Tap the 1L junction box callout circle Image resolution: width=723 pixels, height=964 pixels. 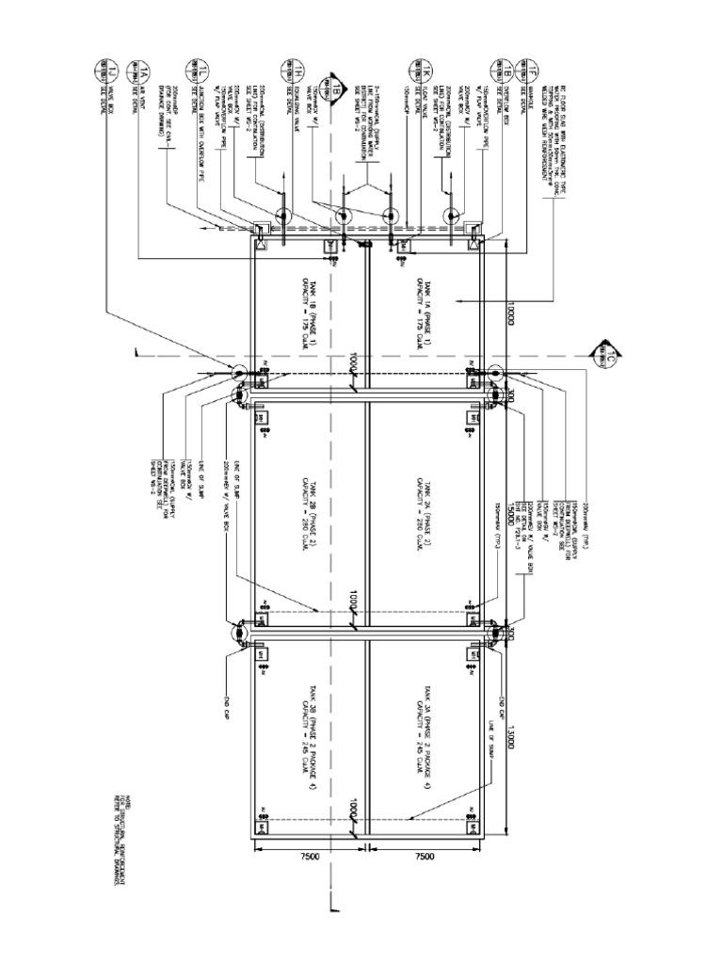pyautogui.click(x=201, y=67)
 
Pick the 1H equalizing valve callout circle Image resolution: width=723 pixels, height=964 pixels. pyautogui.click(x=284, y=67)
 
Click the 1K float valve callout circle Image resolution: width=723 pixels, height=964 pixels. pyautogui.click(x=413, y=67)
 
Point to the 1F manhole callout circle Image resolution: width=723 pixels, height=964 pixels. pyautogui.click(x=527, y=67)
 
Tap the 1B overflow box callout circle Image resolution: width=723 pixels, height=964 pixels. pyautogui.click(x=494, y=67)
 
